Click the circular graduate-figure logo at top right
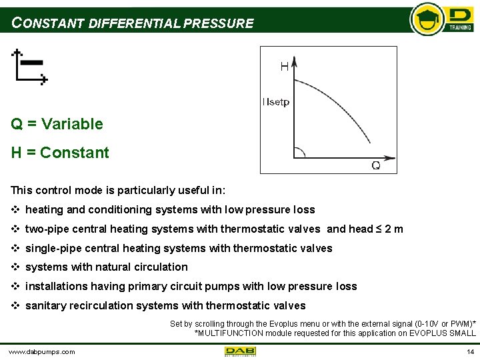[427, 19]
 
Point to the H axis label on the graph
[284, 66]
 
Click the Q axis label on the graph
[375, 165]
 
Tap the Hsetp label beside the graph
[276, 102]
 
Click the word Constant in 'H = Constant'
[74, 153]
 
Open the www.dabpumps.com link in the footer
[41, 351]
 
